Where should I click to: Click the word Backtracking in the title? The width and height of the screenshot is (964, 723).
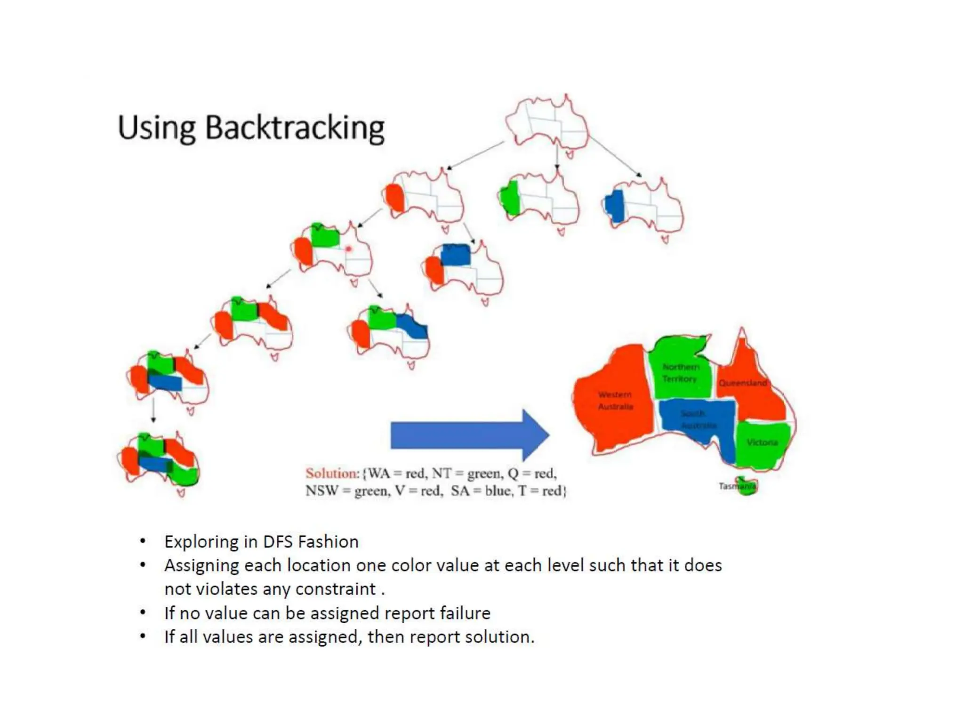295,128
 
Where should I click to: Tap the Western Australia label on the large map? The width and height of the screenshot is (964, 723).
615,401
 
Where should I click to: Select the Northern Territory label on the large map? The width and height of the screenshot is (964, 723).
680,373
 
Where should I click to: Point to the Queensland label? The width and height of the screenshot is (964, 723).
742,383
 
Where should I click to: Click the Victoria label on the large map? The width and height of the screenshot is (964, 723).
762,442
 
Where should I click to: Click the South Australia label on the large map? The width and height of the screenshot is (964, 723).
698,419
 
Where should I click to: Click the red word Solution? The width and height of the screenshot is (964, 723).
332,473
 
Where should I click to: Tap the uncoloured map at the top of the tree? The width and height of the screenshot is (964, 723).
547,123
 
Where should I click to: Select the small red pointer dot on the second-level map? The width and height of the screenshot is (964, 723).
348,249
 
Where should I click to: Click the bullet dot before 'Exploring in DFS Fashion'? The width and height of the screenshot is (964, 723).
143,541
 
